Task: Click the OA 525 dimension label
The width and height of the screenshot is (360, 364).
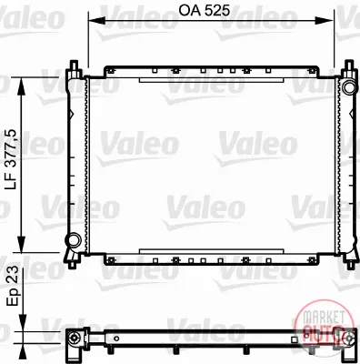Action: pos(204,11)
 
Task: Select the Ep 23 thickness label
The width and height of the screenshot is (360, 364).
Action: pos(13,286)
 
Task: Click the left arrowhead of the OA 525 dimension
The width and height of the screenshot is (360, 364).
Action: pos(95,21)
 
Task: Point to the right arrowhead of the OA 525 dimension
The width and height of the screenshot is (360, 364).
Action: pos(325,21)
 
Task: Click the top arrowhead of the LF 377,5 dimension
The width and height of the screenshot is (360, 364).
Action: pos(22,86)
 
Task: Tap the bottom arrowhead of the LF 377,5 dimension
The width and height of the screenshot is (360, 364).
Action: pos(22,244)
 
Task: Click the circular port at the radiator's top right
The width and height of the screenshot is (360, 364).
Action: pos(348,86)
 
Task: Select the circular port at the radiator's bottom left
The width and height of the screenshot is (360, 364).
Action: pos(73,239)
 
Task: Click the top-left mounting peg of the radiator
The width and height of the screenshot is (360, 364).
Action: pos(74,65)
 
